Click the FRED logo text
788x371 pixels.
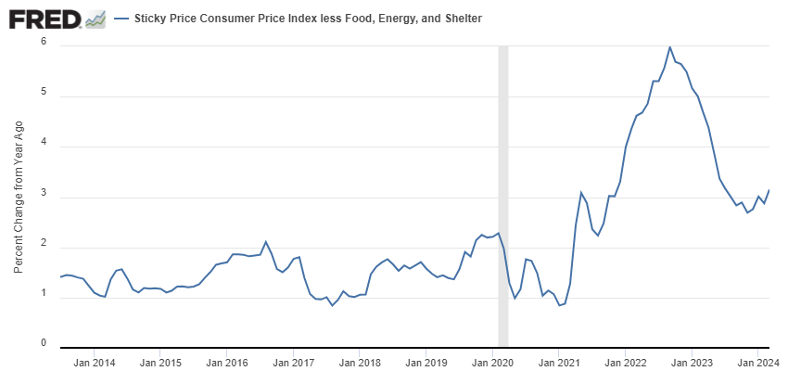click(x=43, y=19)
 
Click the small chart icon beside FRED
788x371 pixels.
click(x=95, y=19)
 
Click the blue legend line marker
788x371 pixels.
click(x=121, y=19)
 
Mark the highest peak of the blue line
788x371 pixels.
click(x=670, y=46)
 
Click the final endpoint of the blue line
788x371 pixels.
click(x=769, y=190)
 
